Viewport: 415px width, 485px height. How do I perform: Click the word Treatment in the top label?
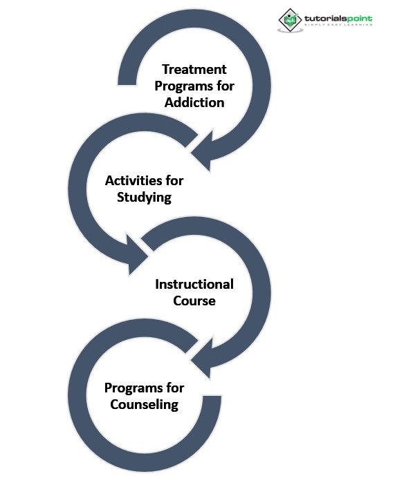point(194,70)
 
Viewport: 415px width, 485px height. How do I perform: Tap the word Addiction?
point(194,102)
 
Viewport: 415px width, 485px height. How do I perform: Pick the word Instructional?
point(194,284)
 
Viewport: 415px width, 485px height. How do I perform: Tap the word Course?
point(194,301)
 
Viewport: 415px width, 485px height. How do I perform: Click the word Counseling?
point(145,404)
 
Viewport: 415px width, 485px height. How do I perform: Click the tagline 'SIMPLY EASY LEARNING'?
point(338,25)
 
